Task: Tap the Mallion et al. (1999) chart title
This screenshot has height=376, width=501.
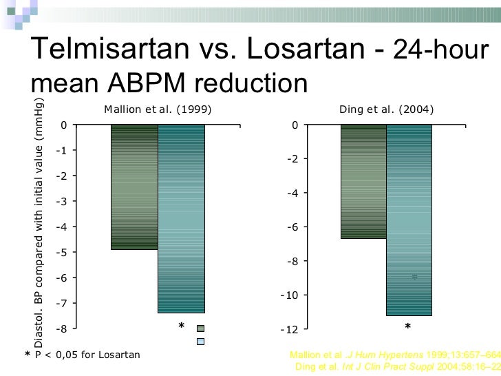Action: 158,109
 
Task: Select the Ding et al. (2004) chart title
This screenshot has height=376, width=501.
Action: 387,109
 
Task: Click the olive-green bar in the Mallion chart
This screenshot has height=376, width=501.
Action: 134,187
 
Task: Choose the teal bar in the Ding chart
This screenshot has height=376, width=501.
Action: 409,220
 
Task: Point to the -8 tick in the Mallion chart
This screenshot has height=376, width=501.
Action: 63,328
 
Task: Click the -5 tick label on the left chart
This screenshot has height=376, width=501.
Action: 63,252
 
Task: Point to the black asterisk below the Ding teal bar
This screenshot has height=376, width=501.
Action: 407,326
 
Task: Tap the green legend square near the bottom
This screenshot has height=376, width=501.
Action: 200,328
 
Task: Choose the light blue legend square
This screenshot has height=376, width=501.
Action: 200,341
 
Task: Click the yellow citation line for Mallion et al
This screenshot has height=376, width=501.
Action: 395,355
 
